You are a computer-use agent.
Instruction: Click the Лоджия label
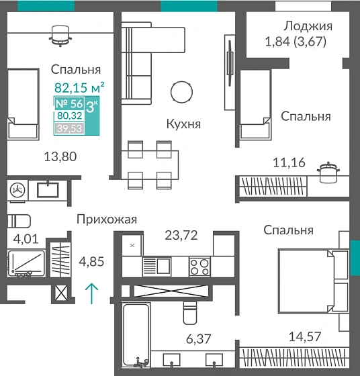[308, 26]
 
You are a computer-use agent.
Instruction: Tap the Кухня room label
[184, 124]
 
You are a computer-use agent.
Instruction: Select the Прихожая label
[107, 219]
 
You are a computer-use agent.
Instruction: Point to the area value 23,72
[181, 236]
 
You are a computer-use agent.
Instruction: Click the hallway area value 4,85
[91, 261]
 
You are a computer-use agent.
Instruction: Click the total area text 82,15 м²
[79, 86]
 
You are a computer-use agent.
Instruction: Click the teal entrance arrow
[92, 293]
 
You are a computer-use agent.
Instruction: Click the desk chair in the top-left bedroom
[60, 35]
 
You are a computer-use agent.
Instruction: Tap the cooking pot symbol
[327, 173]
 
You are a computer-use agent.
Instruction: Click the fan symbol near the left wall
[19, 191]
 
